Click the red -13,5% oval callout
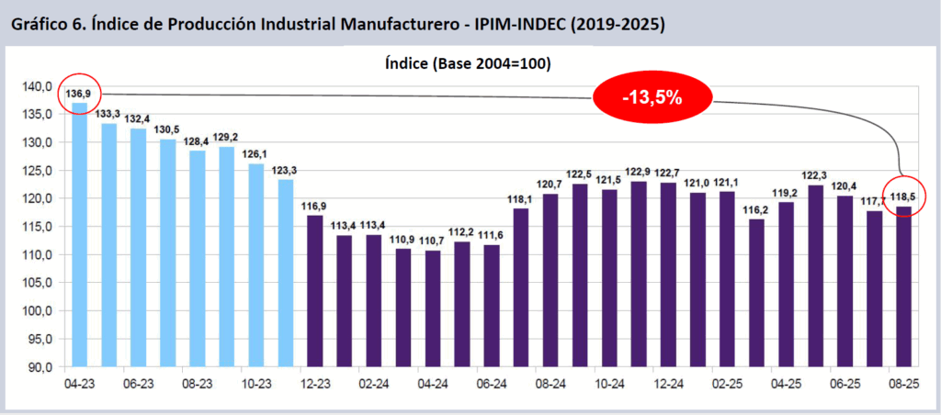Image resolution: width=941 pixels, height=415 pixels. tap(652, 97)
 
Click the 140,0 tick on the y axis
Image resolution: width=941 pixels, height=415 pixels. tap(38, 86)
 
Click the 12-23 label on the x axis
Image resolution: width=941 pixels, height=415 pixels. tap(314, 385)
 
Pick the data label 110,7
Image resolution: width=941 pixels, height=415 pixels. tap(432, 240)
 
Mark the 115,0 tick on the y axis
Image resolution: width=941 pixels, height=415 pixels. tap(38, 227)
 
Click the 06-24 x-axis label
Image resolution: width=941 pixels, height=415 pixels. tap(492, 385)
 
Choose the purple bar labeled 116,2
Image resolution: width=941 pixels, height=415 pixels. tap(757, 293)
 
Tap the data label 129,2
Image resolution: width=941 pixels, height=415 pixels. tap(226, 137)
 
